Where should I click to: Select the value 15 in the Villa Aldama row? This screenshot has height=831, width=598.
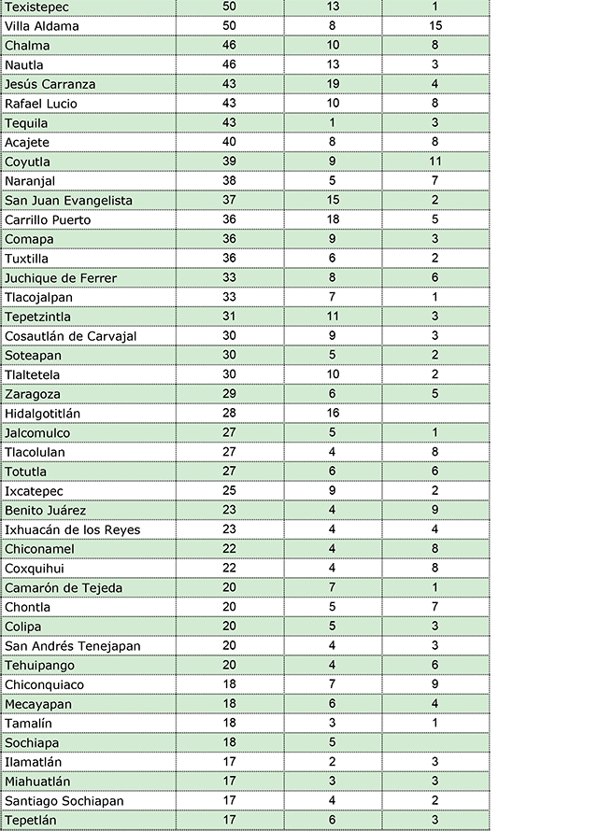435,26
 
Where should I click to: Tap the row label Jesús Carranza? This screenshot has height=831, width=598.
50,84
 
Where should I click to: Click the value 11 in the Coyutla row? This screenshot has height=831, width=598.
435,162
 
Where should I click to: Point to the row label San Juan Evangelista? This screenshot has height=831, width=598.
68,201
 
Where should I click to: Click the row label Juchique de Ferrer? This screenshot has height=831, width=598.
61,278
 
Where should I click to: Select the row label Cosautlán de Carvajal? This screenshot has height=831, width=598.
70,336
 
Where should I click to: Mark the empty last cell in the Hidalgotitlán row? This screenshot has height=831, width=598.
435,414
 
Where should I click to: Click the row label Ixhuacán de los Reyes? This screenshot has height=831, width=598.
72,530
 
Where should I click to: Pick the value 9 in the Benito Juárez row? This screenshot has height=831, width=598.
435,511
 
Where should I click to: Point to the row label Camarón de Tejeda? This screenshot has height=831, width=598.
64,588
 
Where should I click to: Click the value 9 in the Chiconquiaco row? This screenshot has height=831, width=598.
435,684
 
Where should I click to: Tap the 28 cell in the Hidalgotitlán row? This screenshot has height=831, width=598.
230,414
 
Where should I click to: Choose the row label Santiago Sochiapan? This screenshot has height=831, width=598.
64,801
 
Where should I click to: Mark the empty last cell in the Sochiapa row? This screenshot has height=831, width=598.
435,742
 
